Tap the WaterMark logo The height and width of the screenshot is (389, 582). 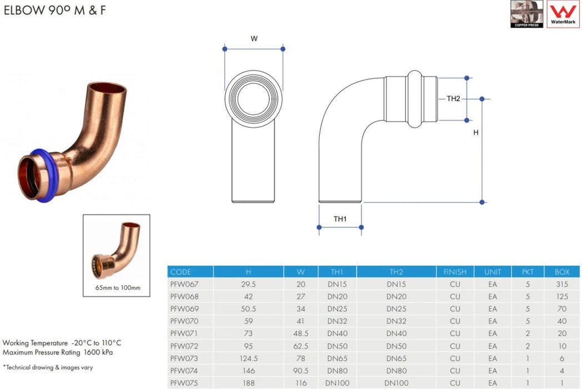563,14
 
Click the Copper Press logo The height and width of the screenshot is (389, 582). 527,14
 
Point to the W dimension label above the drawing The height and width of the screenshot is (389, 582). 254,39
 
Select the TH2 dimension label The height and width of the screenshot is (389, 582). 454,99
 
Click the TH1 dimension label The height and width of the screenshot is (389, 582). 340,219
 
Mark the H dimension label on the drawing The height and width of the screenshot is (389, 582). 475,133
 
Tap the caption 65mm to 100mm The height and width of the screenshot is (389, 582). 117,288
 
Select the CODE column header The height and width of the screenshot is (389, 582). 181,272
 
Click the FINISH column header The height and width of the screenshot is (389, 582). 455,272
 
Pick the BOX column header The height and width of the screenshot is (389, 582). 562,272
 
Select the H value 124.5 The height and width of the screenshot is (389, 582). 248,358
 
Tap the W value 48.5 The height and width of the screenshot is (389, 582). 300,333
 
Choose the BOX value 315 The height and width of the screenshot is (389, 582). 562,284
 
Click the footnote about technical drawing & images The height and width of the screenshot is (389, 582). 47,367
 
